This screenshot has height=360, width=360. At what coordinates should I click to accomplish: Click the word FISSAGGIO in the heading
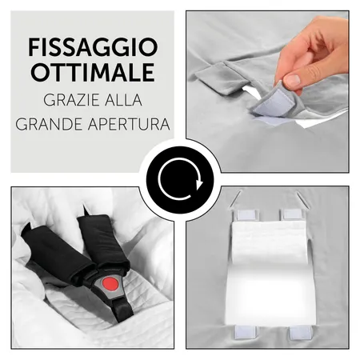(x=93, y=47)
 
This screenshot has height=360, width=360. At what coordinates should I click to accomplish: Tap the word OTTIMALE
(x=93, y=72)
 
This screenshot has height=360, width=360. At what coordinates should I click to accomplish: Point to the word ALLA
(x=122, y=100)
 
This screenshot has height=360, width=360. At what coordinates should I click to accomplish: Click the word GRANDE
(x=49, y=124)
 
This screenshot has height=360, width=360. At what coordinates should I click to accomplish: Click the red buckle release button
(x=110, y=284)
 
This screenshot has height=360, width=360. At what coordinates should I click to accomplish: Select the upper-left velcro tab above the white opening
(x=246, y=215)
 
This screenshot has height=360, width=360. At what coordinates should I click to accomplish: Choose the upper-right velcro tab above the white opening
(x=292, y=214)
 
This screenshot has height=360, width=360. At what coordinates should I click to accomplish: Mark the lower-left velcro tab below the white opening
(x=245, y=332)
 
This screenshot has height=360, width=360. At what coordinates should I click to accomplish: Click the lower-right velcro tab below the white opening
(x=301, y=333)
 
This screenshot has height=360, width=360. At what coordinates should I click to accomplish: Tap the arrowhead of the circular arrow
(x=199, y=184)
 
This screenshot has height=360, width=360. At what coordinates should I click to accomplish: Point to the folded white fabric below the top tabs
(x=269, y=242)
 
